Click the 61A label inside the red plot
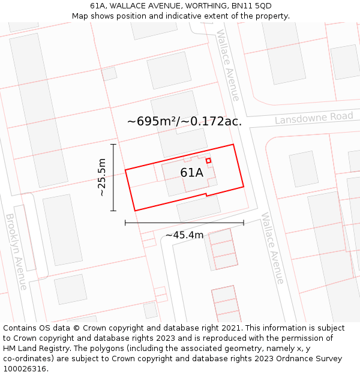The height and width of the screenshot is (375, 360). [x=191, y=173]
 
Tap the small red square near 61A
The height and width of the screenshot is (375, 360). [x=208, y=161]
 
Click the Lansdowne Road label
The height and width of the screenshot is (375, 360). [x=314, y=118]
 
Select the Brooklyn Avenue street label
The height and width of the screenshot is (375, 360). [x=16, y=251]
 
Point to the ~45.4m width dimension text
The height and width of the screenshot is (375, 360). [x=184, y=235]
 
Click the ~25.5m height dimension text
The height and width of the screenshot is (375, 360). [x=102, y=178]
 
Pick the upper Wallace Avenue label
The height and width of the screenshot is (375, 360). [x=228, y=65]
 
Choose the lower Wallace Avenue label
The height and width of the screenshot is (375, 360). [x=272, y=248]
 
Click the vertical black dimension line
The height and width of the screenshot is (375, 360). [x=113, y=178]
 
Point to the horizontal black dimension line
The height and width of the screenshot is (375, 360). [x=184, y=223]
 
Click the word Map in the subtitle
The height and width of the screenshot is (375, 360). [x=80, y=16]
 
